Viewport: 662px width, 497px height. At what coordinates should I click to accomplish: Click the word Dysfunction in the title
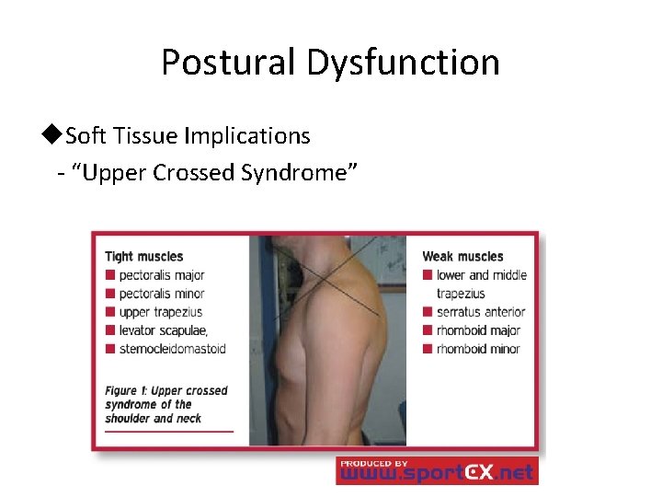click(x=403, y=63)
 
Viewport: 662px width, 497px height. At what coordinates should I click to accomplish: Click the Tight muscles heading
click(x=144, y=257)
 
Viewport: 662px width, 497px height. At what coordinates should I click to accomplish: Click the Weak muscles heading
click(x=462, y=257)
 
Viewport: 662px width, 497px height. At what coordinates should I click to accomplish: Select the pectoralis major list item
click(x=161, y=275)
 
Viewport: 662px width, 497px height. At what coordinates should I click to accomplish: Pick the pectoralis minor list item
click(x=161, y=294)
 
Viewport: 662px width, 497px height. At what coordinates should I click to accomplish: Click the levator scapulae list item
click(x=163, y=330)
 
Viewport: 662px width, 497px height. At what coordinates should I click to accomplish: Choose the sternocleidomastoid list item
click(x=172, y=349)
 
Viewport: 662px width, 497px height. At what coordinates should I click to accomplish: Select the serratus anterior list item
click(x=480, y=312)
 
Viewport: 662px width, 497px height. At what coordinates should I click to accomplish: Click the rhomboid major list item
click(x=478, y=330)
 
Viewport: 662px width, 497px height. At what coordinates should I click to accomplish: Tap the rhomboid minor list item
click(x=478, y=349)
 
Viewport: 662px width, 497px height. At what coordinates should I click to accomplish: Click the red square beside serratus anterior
click(x=428, y=312)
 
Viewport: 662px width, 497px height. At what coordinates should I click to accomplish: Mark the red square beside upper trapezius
click(x=110, y=312)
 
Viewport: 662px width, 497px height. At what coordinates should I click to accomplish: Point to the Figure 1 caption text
click(x=165, y=404)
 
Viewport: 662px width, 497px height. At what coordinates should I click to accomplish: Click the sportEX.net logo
click(x=437, y=470)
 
